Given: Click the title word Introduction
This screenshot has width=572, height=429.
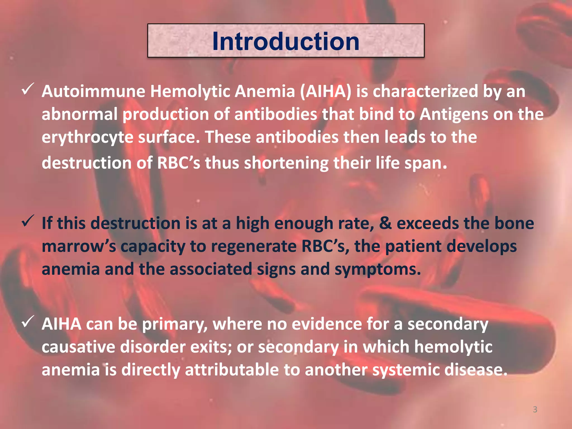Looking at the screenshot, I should click(x=286, y=41).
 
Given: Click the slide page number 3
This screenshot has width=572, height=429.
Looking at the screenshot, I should click(x=535, y=409).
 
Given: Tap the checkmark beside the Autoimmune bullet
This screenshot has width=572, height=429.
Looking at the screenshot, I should click(x=28, y=89).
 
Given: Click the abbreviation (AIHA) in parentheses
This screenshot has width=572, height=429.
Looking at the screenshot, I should click(x=326, y=91).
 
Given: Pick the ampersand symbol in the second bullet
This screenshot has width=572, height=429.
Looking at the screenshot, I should click(x=385, y=223).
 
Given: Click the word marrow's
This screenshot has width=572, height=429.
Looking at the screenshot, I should click(x=78, y=247).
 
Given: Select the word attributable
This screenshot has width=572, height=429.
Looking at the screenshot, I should click(x=232, y=370).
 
